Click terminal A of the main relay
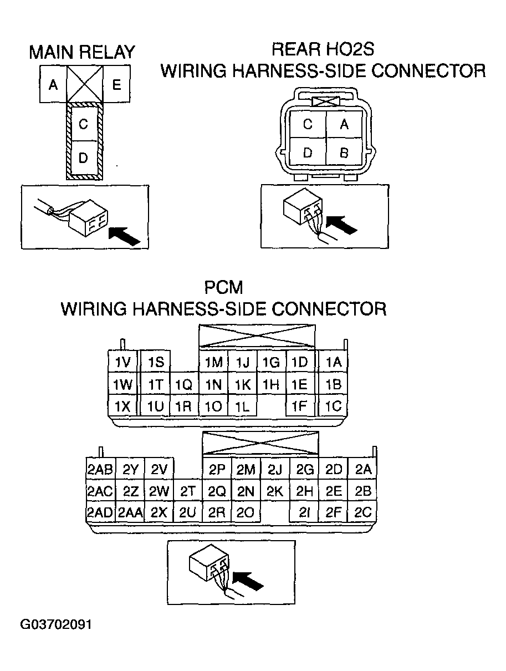pos(53,85)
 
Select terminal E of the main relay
pos(116,85)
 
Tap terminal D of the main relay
pos(83,158)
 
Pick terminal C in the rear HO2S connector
pos(308,125)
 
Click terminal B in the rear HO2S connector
pos(344,153)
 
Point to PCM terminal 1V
pos(122,363)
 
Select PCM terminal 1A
pos(333,363)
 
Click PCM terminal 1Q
pos(183,385)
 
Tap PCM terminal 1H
pos(271,384)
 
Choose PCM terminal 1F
pos(299,406)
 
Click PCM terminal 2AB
pos(100,470)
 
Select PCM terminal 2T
pos(188,491)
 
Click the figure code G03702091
pos(56,624)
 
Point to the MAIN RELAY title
pos(82,52)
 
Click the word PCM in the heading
pos(223,288)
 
